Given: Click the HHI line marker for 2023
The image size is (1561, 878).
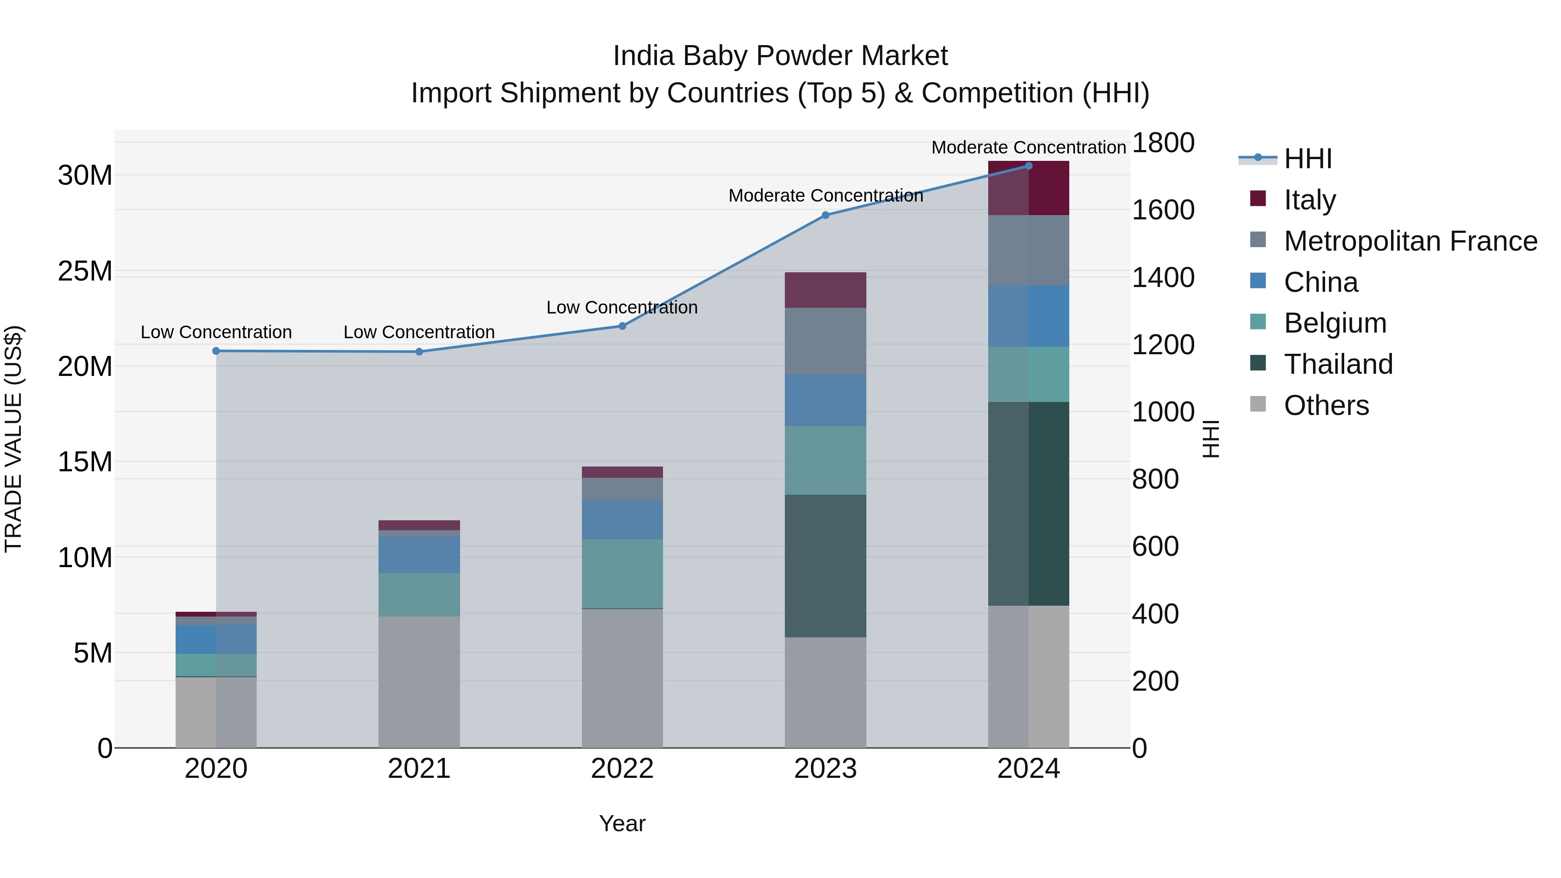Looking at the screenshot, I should tap(825, 215).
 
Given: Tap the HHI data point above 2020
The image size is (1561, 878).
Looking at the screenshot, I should tap(216, 351).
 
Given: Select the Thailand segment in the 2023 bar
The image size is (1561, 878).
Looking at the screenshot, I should tap(825, 565).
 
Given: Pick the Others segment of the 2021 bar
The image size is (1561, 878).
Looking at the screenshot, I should tap(419, 682).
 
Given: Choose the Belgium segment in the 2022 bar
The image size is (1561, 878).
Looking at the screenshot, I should tap(622, 573).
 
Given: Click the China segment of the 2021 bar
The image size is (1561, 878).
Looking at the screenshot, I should tap(419, 555).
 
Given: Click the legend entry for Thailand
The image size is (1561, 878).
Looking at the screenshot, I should tap(1338, 364).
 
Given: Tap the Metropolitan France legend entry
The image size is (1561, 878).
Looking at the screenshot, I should tap(1410, 241).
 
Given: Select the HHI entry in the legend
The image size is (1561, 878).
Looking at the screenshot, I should tap(1307, 159).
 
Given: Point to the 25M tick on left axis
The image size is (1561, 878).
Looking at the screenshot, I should tap(85, 271).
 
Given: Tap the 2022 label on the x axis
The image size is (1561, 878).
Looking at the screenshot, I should tap(622, 769).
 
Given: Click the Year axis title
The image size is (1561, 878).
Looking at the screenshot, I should tap(622, 823).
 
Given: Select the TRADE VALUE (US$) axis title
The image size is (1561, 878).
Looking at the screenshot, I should tap(13, 439).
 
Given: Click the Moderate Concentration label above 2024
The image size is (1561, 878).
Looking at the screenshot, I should tap(1029, 147).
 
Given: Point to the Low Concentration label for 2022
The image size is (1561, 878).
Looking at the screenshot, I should tap(622, 307).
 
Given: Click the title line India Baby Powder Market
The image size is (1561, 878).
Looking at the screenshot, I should tap(780, 56).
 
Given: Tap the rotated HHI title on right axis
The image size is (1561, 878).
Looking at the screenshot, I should tap(1210, 439).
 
